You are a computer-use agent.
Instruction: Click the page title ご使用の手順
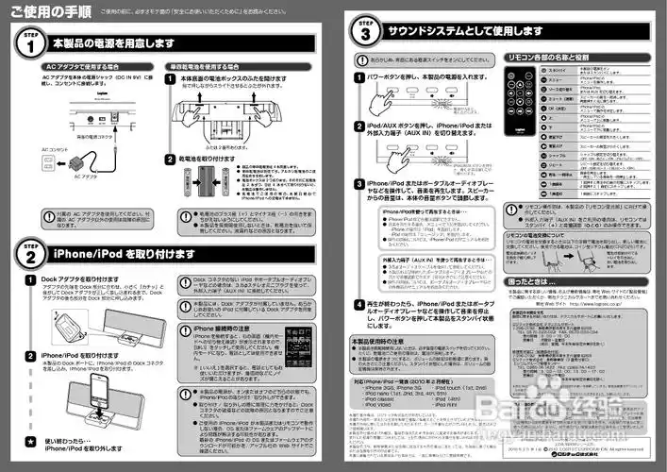pos(38,11)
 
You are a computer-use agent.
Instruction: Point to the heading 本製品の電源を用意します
pos(113,43)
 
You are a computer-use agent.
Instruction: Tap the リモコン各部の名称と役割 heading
pos(548,58)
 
